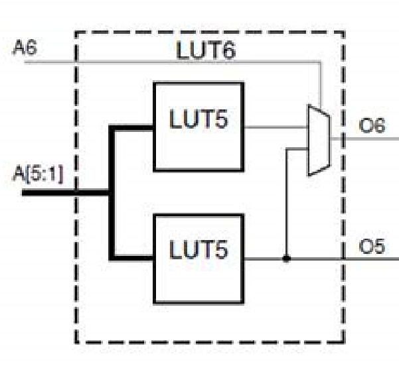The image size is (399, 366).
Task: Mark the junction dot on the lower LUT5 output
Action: click(x=286, y=258)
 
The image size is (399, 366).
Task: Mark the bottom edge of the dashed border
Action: click(x=209, y=342)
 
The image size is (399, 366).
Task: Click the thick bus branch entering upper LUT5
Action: click(x=133, y=128)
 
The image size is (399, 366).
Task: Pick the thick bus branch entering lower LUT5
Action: click(x=133, y=258)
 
